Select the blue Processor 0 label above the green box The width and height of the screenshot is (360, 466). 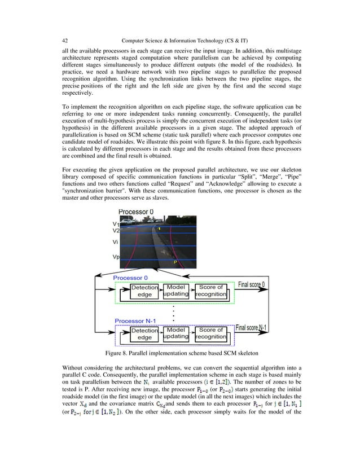point(131,278)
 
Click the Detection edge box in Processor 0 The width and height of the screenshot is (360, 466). point(145,291)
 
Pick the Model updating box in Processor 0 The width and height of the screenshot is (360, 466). point(176,291)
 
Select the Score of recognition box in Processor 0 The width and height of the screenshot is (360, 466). point(212,291)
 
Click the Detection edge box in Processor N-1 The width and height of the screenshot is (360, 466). point(145,333)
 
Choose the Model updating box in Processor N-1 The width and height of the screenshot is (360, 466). point(176,333)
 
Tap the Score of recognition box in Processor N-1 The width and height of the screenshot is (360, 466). point(212,333)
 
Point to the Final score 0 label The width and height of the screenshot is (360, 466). point(256,284)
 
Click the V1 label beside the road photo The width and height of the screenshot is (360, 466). point(116,224)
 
